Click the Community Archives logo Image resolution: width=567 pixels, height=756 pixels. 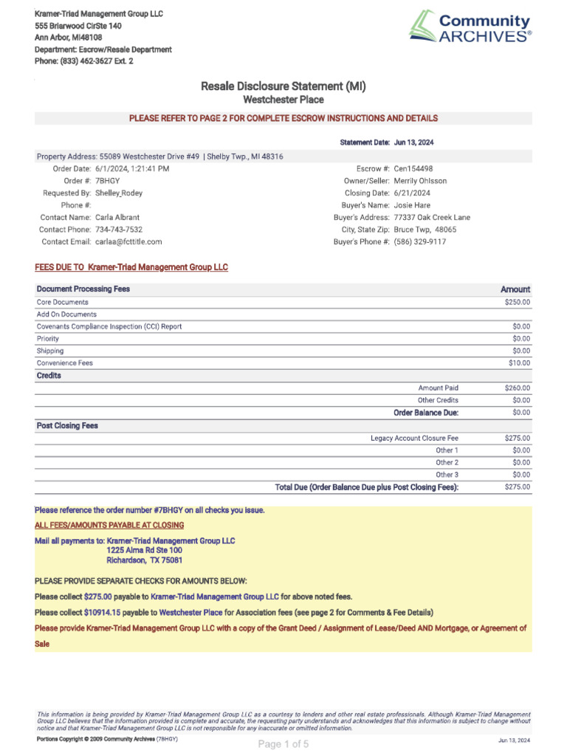click(x=470, y=27)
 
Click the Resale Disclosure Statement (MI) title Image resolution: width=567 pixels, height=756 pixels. click(x=283, y=86)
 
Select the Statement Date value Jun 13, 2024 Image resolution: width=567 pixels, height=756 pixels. click(x=419, y=142)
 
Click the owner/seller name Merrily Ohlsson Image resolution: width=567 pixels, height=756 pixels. click(x=420, y=181)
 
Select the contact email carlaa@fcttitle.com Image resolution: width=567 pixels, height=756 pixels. click(x=128, y=241)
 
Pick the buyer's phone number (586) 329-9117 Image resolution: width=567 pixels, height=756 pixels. click(x=419, y=241)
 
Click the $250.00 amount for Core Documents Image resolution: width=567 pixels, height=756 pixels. click(x=517, y=302)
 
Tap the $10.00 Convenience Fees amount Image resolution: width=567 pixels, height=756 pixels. click(x=519, y=363)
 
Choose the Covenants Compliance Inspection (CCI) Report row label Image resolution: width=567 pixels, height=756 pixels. click(x=109, y=326)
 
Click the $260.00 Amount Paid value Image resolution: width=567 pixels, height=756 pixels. click(x=517, y=388)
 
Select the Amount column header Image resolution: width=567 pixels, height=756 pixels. click(x=515, y=289)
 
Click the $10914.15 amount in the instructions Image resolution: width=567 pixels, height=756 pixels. click(x=102, y=613)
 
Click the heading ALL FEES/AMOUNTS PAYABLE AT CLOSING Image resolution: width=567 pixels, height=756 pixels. click(x=109, y=525)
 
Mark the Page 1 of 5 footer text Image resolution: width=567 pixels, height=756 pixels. click(x=283, y=744)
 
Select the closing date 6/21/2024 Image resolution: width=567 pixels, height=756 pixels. click(x=412, y=193)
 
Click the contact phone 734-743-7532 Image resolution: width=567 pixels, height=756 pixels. click(x=119, y=230)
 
